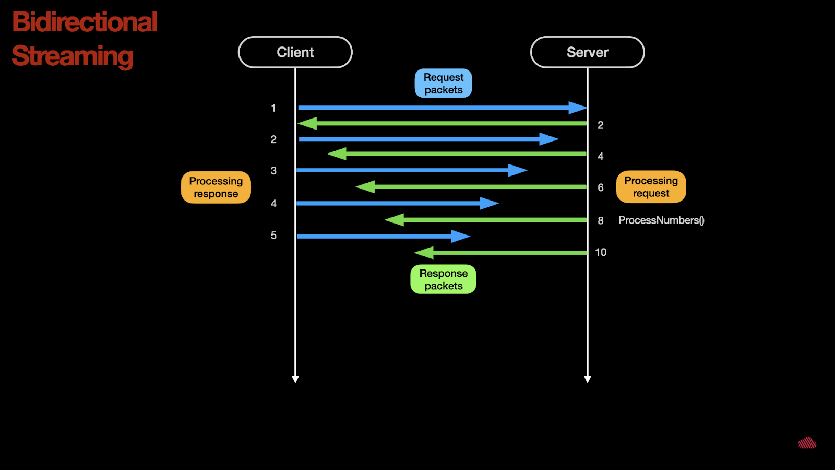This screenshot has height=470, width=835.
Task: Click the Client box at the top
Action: tap(295, 52)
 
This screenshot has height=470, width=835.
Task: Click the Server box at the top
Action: tap(588, 52)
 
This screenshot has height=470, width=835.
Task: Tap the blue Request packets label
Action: tap(443, 83)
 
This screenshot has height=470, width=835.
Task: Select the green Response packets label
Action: tap(443, 279)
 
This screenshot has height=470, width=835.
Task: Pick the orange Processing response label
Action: tap(216, 187)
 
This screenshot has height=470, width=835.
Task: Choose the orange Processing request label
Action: tap(651, 187)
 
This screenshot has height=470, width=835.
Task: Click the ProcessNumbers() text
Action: tap(661, 220)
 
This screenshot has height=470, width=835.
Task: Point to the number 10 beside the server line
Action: tap(601, 253)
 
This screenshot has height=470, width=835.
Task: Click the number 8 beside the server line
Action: tap(601, 220)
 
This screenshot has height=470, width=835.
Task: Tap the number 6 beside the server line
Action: tap(601, 187)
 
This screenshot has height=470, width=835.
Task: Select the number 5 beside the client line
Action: tap(273, 236)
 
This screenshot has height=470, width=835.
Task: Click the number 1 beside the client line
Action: tap(273, 108)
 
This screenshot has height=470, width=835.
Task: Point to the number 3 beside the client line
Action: tap(273, 171)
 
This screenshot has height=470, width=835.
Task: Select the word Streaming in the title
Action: tap(73, 56)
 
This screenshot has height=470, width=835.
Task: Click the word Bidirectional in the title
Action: tap(85, 21)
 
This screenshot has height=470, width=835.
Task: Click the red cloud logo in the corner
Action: tap(807, 442)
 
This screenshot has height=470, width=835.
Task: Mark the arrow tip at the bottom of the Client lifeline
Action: tap(295, 382)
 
